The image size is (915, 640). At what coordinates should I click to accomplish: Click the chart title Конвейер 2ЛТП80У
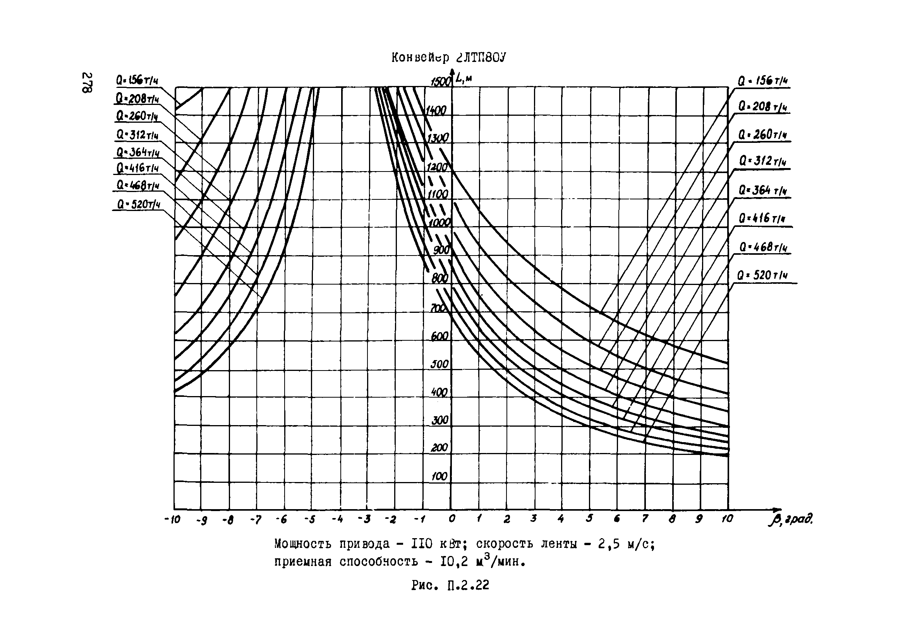448,58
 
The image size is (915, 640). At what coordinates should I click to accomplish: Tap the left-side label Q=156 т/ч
137,81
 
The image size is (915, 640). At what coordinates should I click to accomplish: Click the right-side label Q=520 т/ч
762,275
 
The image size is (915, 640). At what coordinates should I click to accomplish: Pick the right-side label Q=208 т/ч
763,107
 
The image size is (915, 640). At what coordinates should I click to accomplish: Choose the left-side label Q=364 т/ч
138,153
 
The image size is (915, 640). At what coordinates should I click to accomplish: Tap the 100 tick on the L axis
439,476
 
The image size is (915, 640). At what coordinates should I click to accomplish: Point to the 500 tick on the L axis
439,364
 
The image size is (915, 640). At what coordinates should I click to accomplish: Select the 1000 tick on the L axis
439,223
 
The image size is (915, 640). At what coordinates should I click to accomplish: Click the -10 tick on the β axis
172,520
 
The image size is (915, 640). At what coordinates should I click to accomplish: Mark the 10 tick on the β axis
727,519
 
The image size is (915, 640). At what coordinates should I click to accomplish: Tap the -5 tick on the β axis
310,520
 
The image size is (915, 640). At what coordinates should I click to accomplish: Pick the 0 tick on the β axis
451,519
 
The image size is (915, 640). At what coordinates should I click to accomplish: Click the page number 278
87,82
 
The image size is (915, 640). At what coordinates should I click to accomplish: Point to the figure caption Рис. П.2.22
450,585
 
